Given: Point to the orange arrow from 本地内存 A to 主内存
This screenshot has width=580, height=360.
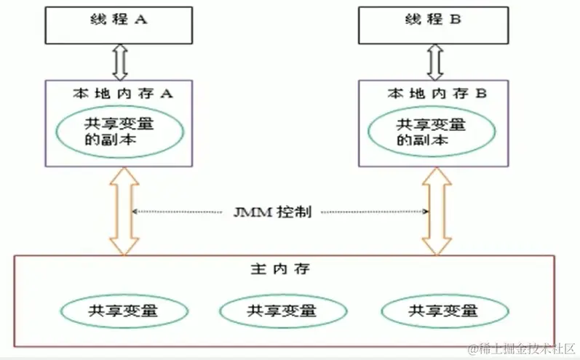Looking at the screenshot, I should (x=124, y=211).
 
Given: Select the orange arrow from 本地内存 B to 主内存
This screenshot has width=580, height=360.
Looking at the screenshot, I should (x=437, y=211).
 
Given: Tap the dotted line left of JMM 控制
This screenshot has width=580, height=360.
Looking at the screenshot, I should (x=178, y=212).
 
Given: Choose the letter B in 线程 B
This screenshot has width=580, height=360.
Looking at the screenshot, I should (x=455, y=20).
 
